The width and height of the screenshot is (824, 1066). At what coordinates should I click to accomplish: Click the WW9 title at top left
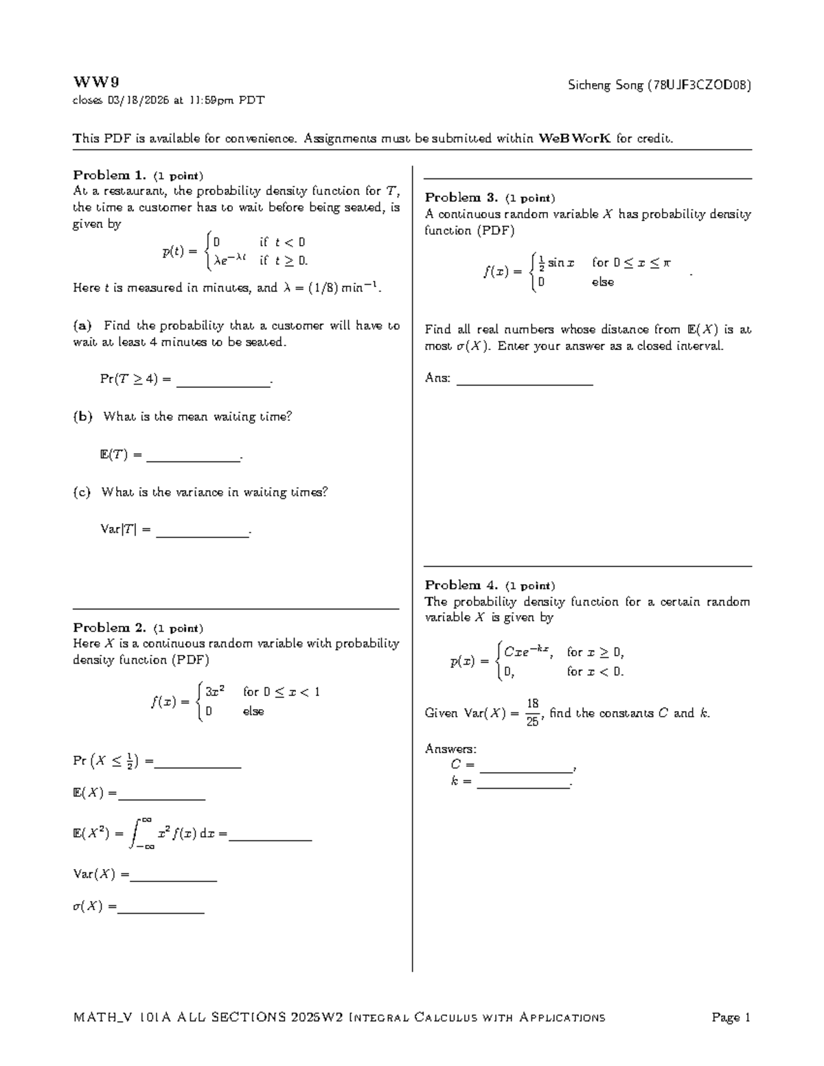pos(91,83)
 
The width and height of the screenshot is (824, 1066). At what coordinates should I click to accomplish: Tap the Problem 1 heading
pos(110,175)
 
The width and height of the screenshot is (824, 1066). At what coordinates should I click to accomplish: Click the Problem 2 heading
pos(110,627)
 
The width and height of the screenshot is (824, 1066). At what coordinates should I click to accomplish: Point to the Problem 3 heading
pos(461,198)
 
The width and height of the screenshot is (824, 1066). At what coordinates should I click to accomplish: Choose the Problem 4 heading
pos(461,585)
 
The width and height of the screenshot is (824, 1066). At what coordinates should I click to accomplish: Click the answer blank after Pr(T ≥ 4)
pos(223,383)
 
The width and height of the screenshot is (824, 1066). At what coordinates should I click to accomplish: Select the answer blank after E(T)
pos(193,459)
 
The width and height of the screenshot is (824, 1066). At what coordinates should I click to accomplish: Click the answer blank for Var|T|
pos(202,534)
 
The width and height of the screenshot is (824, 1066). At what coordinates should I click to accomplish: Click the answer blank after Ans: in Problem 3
pos(524,382)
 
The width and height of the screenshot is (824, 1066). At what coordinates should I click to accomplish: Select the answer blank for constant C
pos(525,769)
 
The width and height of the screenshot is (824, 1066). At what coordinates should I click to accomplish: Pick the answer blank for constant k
pos(523,785)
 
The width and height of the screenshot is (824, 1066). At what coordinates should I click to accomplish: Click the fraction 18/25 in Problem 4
pos(532,712)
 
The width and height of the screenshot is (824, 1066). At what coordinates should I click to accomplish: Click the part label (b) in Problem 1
pos(82,417)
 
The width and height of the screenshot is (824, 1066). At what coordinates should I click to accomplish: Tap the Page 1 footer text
pos(731,1017)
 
